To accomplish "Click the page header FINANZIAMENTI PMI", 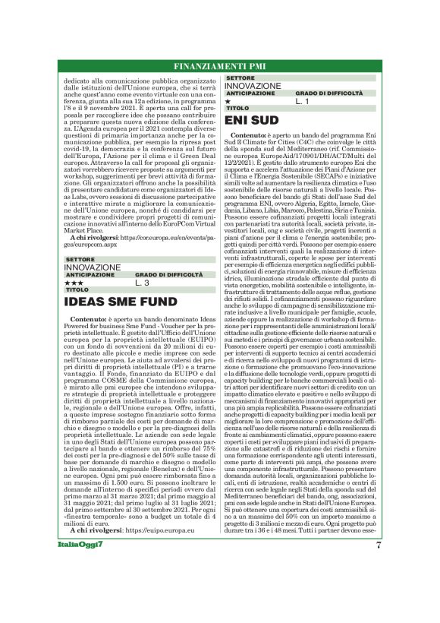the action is [x=219, y=66].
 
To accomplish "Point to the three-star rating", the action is [x=74, y=282].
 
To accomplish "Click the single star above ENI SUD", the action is [x=228, y=101].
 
